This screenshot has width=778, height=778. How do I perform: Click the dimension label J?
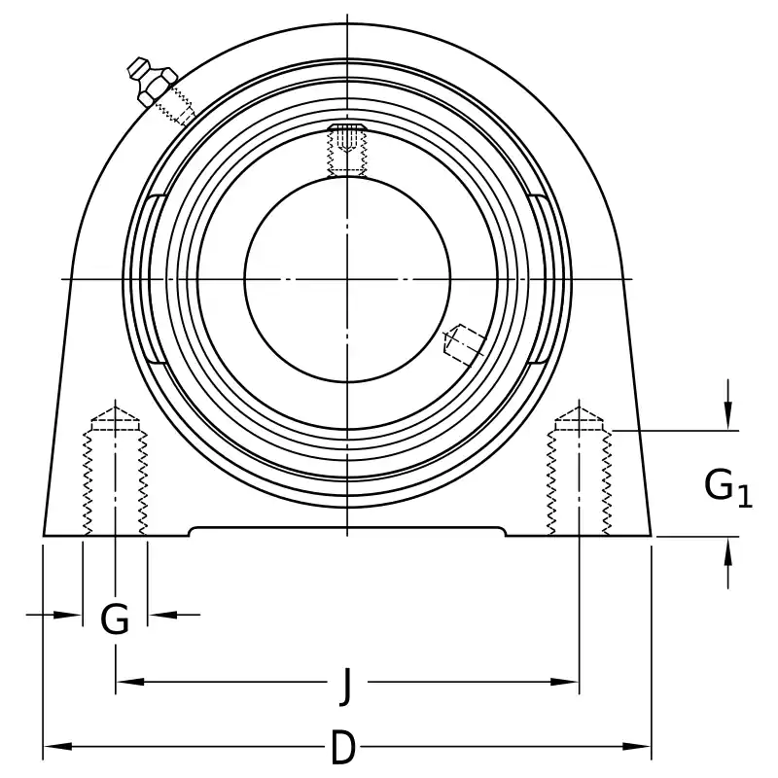347,687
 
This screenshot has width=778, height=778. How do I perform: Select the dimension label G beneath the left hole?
115,619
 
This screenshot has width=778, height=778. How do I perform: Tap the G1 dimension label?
727,488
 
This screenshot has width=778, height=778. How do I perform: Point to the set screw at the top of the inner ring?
347,150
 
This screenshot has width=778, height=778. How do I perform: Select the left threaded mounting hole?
115,472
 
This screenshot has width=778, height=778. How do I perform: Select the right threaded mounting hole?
579,472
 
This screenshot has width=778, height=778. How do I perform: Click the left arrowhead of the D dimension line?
58,746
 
